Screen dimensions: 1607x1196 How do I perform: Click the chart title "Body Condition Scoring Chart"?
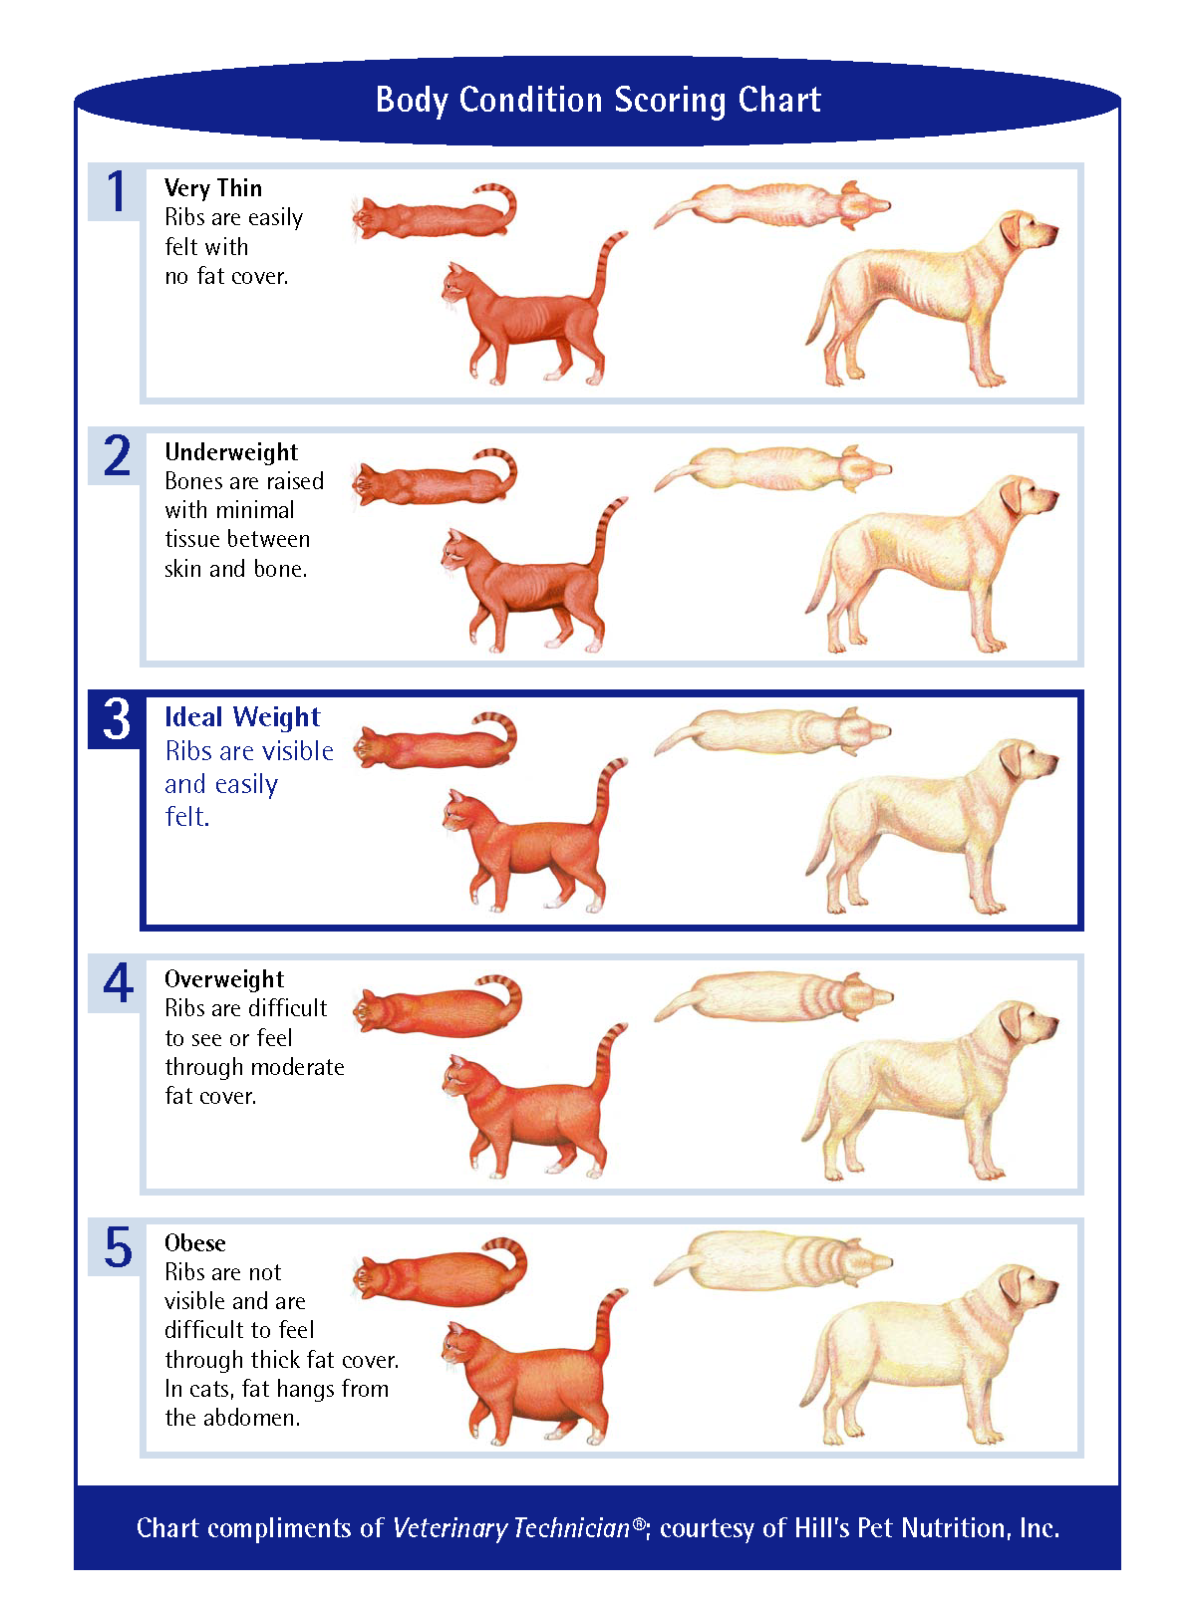598,101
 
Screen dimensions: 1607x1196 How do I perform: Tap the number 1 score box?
117,192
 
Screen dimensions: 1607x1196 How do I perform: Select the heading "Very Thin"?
213,188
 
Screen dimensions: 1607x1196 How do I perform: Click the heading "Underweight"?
231,452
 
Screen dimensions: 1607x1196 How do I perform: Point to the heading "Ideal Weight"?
242,717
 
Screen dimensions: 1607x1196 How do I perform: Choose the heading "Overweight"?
224,979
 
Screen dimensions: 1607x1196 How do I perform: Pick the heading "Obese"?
195,1243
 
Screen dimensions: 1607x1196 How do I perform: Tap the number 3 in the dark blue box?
117,719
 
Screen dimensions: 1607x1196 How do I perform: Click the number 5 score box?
118,1247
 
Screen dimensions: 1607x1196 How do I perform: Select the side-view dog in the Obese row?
927,1355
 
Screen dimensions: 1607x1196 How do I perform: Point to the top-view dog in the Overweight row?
772,997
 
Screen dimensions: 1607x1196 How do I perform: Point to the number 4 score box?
118,983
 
